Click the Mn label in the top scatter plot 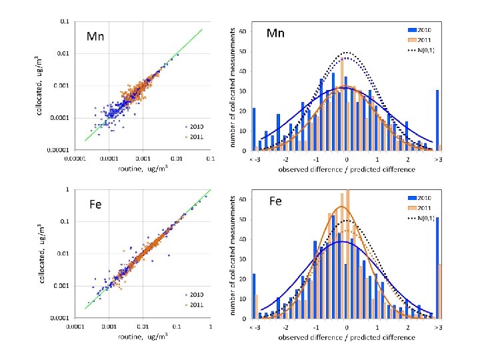click(94, 36)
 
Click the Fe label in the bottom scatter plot click(95, 204)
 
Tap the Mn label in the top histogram click(275, 32)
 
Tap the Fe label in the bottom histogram click(277, 201)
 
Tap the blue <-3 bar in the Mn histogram click(253, 129)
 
